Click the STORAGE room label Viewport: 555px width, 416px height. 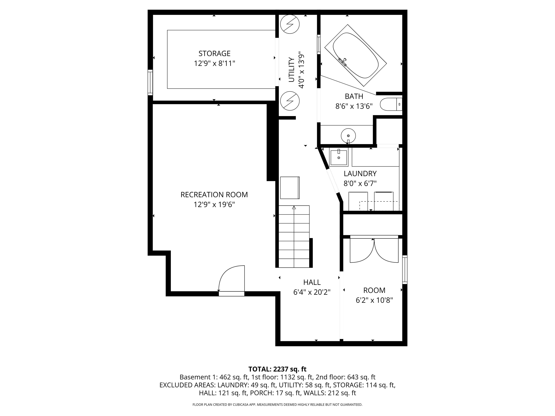(x=214, y=53)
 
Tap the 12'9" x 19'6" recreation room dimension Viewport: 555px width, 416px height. (x=214, y=205)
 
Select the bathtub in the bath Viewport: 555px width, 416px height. (x=355, y=55)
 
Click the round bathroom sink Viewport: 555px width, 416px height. (x=348, y=136)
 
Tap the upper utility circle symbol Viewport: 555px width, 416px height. (x=290, y=24)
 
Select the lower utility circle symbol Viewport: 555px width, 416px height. (x=290, y=101)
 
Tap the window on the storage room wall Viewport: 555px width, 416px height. (x=150, y=83)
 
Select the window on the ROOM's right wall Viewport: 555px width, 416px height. (x=405, y=270)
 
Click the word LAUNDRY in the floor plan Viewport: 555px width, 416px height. (x=360, y=174)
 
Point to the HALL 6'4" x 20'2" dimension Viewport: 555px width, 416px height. (x=312, y=292)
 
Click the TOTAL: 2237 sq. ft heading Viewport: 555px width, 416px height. (x=277, y=369)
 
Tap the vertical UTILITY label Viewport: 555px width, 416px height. (x=291, y=70)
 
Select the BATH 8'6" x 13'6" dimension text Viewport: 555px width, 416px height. (x=354, y=106)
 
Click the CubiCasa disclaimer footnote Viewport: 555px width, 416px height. (x=277, y=404)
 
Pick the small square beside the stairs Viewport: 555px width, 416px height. (x=290, y=188)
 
